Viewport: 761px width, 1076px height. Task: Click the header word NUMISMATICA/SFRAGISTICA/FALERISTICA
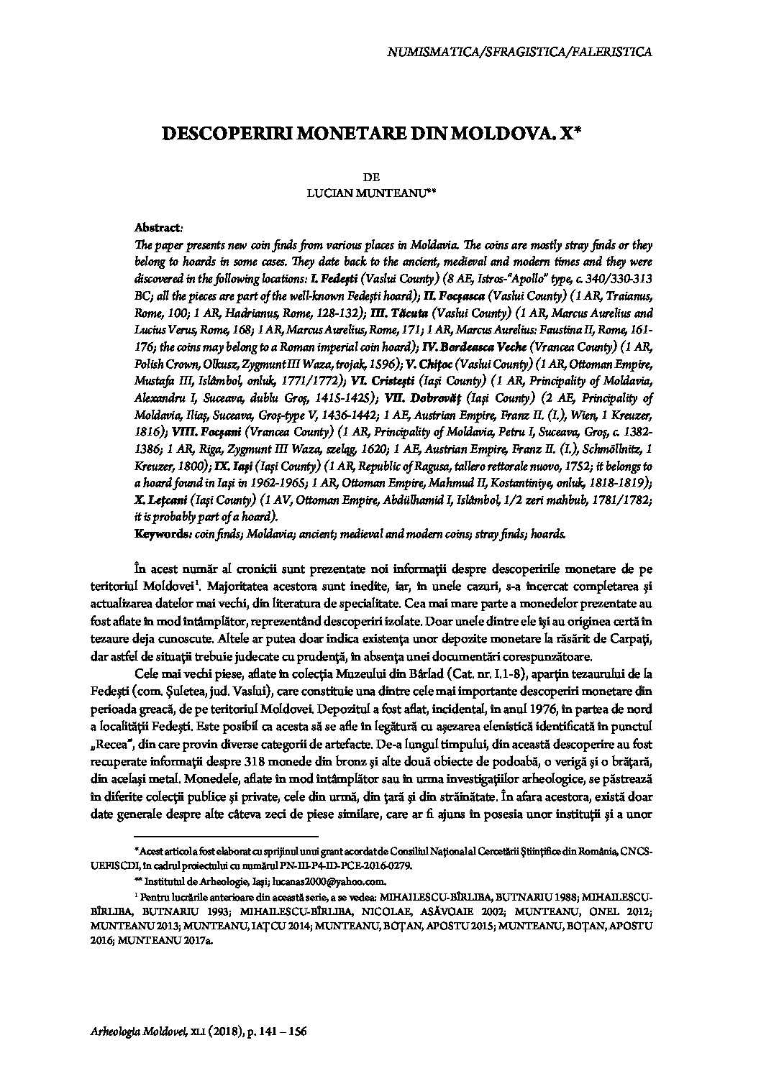click(x=519, y=52)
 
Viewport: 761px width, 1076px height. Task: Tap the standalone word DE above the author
click(x=373, y=177)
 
